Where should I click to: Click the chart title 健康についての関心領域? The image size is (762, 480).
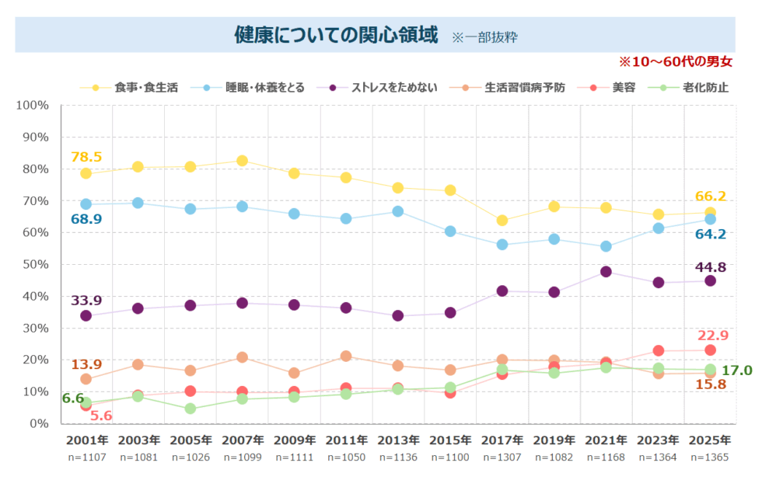point(336,35)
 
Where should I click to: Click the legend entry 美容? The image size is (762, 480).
point(624,87)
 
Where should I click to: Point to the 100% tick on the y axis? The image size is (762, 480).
point(32,105)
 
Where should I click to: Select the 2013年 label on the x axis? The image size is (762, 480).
point(397,440)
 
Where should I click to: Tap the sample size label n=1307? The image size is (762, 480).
point(502,457)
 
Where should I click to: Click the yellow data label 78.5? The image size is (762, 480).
point(86,157)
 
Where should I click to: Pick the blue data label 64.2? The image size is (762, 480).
point(710,234)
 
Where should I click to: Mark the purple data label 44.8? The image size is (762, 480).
point(710,266)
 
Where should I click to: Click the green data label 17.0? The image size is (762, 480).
point(736,370)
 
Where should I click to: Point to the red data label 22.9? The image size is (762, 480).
point(711,336)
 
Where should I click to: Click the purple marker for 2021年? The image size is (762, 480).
point(606,272)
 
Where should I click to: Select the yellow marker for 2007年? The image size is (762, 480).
point(242,161)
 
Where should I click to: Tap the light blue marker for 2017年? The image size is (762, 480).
point(502,244)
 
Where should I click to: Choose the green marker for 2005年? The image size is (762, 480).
point(190,409)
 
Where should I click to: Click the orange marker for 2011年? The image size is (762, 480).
point(346,357)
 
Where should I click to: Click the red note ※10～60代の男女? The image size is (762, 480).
point(675,61)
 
